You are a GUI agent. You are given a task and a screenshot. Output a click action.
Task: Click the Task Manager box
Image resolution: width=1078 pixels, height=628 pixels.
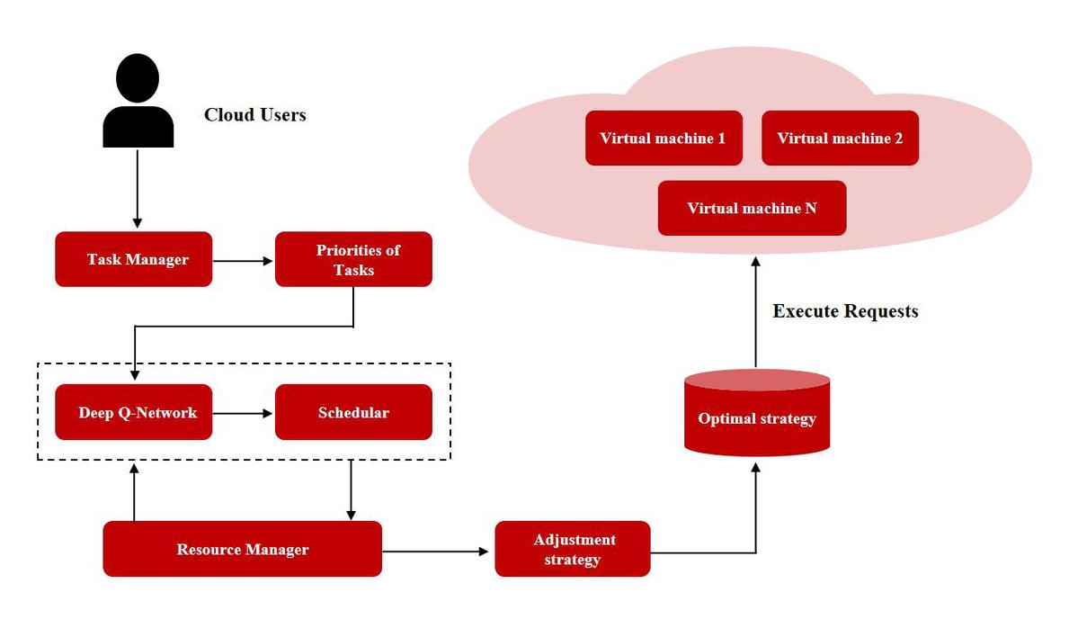pyautogui.click(x=133, y=259)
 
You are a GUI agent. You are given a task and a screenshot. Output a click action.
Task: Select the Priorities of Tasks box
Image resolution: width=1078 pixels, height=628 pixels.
pyautogui.click(x=353, y=259)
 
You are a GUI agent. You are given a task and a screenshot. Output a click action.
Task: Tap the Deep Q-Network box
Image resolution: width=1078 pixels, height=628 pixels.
pyautogui.click(x=133, y=412)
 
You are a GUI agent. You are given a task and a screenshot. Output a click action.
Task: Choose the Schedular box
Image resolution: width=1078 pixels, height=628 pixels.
pyautogui.click(x=353, y=412)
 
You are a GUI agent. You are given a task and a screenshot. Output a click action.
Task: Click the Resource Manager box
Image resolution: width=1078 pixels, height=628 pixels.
pyautogui.click(x=242, y=549)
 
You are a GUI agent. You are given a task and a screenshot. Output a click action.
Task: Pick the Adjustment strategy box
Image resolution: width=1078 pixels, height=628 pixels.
pyautogui.click(x=573, y=549)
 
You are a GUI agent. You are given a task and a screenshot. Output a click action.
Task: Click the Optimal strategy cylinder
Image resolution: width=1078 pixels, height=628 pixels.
pyautogui.click(x=757, y=413)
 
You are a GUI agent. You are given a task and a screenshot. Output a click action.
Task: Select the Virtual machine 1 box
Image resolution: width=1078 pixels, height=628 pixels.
pyautogui.click(x=664, y=139)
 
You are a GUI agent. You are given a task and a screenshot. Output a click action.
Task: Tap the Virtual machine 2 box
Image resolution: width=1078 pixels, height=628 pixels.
pyautogui.click(x=840, y=139)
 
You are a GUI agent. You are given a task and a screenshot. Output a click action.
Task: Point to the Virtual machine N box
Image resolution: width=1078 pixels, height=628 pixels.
pyautogui.click(x=753, y=208)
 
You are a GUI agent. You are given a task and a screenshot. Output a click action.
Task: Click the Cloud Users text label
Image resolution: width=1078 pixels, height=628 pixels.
pyautogui.click(x=255, y=115)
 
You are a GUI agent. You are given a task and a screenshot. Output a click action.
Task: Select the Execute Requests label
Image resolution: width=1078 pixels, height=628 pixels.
pyautogui.click(x=846, y=311)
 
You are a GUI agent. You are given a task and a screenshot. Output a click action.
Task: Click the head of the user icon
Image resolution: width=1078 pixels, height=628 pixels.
pyautogui.click(x=138, y=77)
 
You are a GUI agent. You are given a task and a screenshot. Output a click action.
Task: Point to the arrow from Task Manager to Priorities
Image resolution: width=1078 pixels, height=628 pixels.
pyautogui.click(x=244, y=261)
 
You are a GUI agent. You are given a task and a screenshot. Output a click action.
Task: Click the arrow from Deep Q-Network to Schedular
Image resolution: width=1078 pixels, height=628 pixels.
pyautogui.click(x=244, y=413)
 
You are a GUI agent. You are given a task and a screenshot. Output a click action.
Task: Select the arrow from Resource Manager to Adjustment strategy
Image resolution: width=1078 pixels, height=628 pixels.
pyautogui.click(x=435, y=552)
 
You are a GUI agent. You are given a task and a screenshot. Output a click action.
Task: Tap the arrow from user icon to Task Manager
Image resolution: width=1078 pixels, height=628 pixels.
pyautogui.click(x=138, y=188)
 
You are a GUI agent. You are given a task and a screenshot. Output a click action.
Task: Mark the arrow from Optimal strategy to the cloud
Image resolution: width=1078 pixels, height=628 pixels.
pyautogui.click(x=755, y=312)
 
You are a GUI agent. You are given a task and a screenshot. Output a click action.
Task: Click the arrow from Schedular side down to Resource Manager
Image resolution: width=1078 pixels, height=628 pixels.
pyautogui.click(x=351, y=489)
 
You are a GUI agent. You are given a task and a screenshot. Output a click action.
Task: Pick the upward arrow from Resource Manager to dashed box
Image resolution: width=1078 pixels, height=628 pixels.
pyautogui.click(x=134, y=492)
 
